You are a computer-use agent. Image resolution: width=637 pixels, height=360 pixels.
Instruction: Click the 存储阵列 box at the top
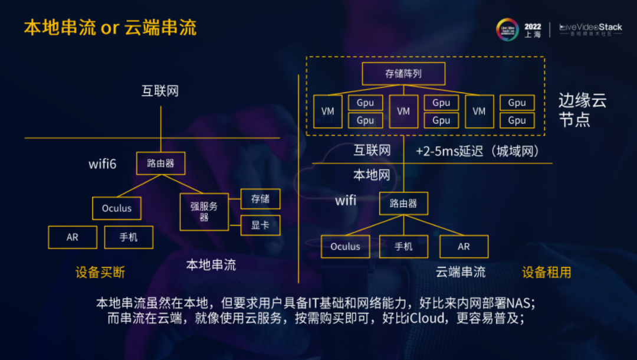[403, 74]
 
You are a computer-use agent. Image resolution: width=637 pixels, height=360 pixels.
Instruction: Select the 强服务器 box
[204, 212]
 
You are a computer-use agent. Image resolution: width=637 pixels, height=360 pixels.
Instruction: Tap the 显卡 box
[261, 225]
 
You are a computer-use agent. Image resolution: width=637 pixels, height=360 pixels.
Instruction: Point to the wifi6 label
[103, 163]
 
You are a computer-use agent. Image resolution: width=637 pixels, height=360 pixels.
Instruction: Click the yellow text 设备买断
[100, 272]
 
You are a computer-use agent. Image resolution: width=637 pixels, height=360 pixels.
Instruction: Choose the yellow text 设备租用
[546, 272]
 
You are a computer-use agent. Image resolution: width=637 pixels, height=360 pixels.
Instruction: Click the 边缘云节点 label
[582, 110]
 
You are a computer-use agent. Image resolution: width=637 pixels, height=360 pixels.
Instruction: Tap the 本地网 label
[372, 175]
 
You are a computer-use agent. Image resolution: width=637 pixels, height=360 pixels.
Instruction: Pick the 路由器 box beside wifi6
[161, 163]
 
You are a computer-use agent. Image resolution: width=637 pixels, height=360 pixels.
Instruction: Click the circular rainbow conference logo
[507, 30]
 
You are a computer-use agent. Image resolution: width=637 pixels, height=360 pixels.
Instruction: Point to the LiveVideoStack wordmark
[590, 27]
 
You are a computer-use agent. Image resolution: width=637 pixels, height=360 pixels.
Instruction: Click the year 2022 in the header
[533, 27]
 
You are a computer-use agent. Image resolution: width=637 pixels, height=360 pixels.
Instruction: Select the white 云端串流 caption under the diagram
[461, 272]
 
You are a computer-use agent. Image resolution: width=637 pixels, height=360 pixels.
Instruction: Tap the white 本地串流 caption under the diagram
[211, 265]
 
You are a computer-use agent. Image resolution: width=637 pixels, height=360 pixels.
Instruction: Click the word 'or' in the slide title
[110, 28]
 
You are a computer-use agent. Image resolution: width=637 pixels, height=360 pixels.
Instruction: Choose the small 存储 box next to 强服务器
[261, 199]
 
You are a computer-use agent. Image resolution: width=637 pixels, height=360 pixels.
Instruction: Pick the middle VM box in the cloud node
[403, 112]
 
